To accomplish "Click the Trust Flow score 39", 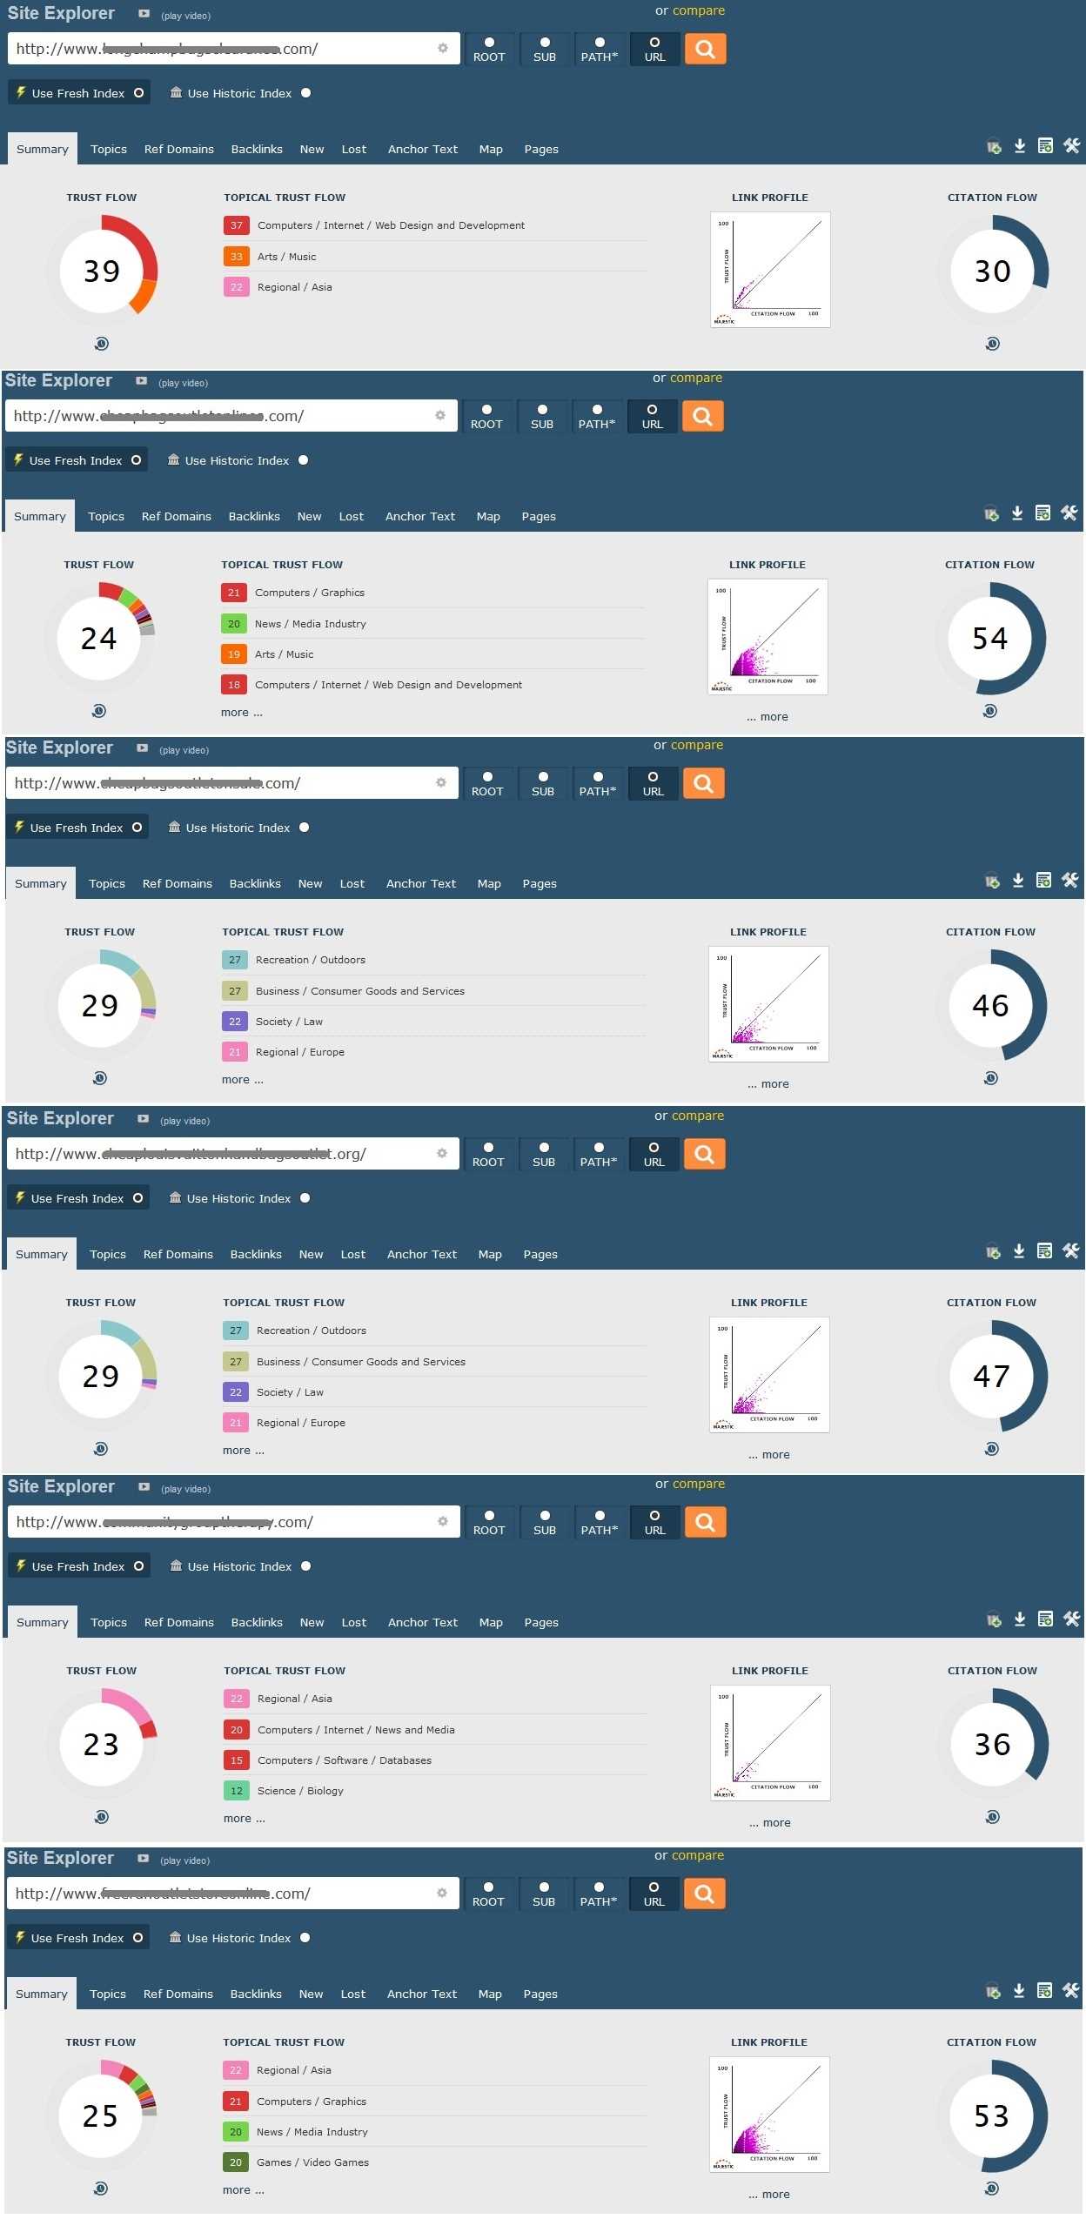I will [x=101, y=272].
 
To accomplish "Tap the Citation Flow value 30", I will [x=992, y=272].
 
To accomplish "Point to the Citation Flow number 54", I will [x=989, y=639].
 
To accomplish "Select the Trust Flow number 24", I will [x=98, y=639].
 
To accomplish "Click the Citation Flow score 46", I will [x=990, y=1006].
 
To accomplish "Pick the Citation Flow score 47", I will [x=991, y=1377].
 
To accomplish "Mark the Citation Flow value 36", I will [x=992, y=1745].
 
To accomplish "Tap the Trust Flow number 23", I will [x=101, y=1745].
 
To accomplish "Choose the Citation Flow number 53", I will [x=991, y=2116].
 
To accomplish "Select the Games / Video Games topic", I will [x=312, y=2162].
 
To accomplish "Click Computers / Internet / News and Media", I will [x=356, y=1730].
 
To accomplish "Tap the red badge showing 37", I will [x=236, y=225].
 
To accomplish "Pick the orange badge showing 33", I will [x=236, y=257].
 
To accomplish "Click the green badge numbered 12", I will [x=236, y=1791].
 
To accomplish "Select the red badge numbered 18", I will [x=233, y=685].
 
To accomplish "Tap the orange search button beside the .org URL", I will [x=704, y=1154].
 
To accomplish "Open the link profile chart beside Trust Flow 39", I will [x=769, y=270].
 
